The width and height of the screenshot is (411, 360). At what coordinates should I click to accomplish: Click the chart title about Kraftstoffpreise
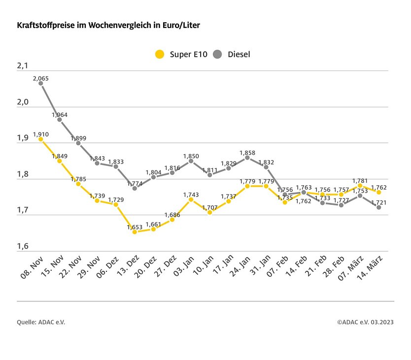pyautogui.click(x=108, y=24)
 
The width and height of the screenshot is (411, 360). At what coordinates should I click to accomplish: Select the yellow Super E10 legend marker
pyautogui.click(x=159, y=54)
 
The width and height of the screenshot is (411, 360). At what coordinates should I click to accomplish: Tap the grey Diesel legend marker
pyautogui.click(x=218, y=54)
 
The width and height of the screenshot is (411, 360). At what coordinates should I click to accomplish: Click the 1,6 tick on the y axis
pyautogui.click(x=23, y=247)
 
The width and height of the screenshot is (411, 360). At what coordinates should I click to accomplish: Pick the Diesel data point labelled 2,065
pyautogui.click(x=41, y=83)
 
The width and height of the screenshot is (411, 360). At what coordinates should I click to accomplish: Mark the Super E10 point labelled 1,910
pyautogui.click(x=41, y=139)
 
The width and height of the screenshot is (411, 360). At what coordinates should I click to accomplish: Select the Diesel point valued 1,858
pyautogui.click(x=247, y=158)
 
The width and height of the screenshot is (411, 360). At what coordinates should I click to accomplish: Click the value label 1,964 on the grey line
pyautogui.click(x=60, y=115)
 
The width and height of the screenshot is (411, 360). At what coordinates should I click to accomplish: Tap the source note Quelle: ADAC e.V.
pyautogui.click(x=41, y=322)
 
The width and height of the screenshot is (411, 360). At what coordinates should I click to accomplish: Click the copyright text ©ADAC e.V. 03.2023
pyautogui.click(x=365, y=322)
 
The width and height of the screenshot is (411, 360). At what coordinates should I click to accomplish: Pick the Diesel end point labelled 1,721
pyautogui.click(x=378, y=207)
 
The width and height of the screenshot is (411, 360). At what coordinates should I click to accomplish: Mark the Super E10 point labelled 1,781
pyautogui.click(x=360, y=186)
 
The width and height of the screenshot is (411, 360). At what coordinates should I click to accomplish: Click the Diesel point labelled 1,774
pyautogui.click(x=135, y=188)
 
